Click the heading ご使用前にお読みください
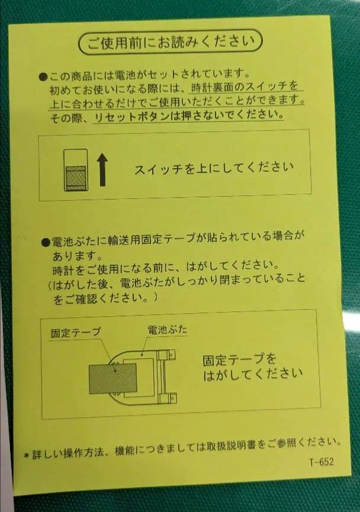tap(170, 43)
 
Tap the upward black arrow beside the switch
tap(102, 169)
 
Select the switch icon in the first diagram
tap(75, 170)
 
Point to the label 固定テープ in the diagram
tap(75, 332)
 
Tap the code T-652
tap(321, 462)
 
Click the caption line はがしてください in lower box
tap(252, 374)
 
